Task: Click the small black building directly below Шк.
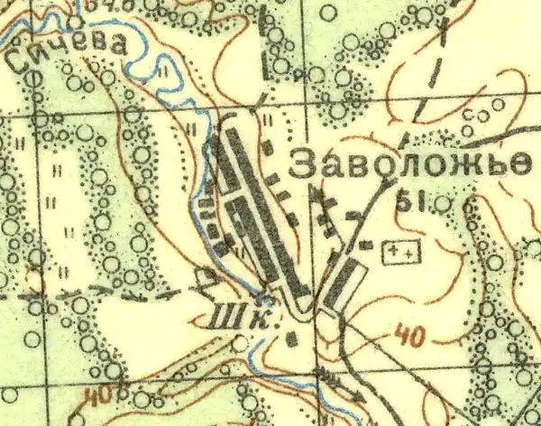290,339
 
